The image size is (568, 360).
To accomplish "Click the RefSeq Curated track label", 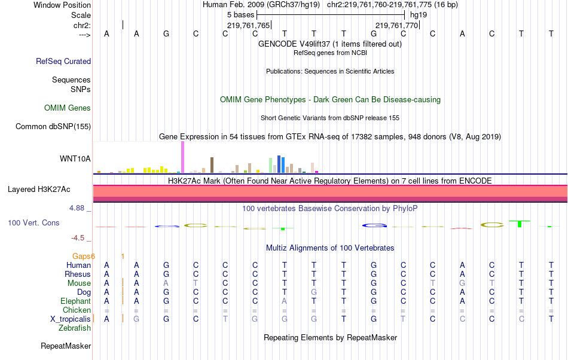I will pos(63,61).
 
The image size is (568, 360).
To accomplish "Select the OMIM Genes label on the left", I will pos(68,108).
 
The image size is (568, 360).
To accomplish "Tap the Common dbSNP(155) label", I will pos(53,126).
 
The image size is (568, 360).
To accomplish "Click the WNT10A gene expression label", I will pos(75,158).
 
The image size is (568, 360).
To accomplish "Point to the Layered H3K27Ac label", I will pos(39,190).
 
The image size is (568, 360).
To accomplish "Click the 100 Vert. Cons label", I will pos(33,222).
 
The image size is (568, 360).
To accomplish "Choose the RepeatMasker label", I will pos(66,346).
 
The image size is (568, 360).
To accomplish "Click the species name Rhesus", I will pos(78,274).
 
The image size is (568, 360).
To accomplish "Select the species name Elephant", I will pos(75,301).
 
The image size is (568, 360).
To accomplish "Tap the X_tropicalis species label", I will pos(71,319).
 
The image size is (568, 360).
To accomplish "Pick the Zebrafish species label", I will pos(75,328).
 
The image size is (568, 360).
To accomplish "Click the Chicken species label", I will pos(77,310).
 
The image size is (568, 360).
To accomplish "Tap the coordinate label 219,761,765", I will pos(249,25).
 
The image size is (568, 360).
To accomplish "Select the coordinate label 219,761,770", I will pos(396,25).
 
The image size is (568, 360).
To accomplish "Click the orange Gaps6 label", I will pos(84,256).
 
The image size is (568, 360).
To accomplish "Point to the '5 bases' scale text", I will pos(241,14).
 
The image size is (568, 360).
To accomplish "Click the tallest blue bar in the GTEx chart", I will pos(279,163).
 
